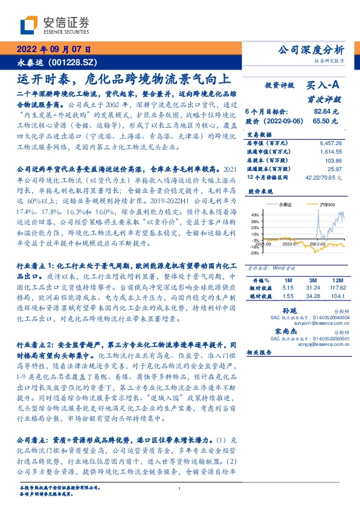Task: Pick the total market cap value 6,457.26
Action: (x=330, y=143)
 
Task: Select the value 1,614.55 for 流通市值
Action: (x=330, y=152)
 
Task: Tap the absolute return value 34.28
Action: (x=312, y=297)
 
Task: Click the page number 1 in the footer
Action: (x=180, y=488)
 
